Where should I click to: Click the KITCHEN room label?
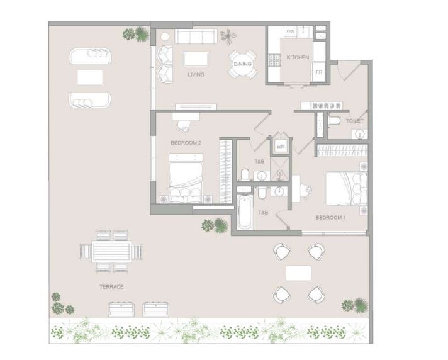[x=298, y=57]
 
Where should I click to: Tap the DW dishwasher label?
[x=290, y=31]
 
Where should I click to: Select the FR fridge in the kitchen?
[x=319, y=72]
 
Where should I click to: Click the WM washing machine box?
[x=281, y=147]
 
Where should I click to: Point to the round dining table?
[x=243, y=64]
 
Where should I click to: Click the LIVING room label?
[x=196, y=74]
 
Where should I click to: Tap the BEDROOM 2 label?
[x=186, y=143]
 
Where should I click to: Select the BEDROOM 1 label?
[x=330, y=217]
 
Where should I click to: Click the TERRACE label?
[x=111, y=286]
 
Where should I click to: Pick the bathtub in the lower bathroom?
[x=245, y=211]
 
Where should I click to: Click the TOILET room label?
[x=355, y=121]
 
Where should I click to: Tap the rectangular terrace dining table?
[x=111, y=251]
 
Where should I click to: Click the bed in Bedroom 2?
[x=186, y=178]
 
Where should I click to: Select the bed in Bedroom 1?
[x=346, y=188]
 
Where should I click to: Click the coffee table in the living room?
[x=196, y=59]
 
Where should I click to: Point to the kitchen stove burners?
[x=275, y=60]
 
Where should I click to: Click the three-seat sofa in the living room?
[x=196, y=37]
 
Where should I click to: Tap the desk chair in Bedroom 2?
[x=184, y=126]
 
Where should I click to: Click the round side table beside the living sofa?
[x=165, y=37]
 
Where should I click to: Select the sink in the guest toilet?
[x=359, y=133]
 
